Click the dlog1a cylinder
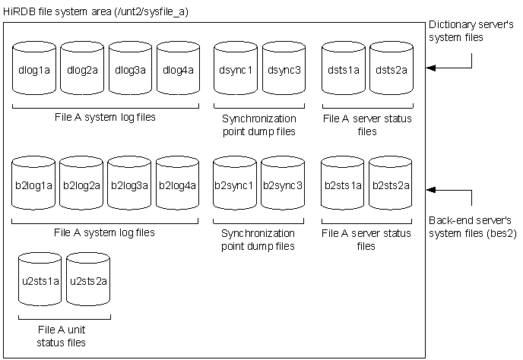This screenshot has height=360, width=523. (35, 70)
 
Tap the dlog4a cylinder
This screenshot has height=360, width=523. (178, 70)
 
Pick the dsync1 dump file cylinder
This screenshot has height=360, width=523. (236, 70)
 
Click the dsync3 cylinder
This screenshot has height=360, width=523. (284, 70)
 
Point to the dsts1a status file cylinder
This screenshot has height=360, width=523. (344, 70)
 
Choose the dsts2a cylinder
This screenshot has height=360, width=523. (391, 70)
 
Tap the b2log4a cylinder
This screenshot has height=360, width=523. (178, 185)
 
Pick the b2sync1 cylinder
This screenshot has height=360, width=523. (236, 185)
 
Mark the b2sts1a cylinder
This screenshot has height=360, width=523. (344, 185)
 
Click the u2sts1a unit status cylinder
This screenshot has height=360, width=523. (39, 280)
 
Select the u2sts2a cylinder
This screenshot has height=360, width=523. (87, 280)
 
